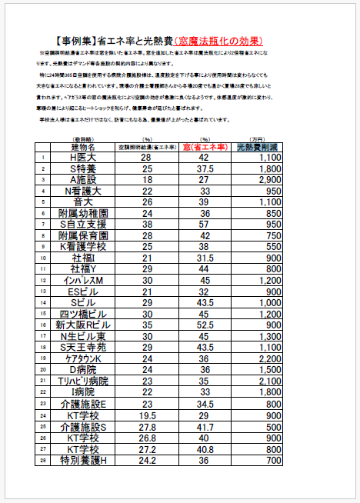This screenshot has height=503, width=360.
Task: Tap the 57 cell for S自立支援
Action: coord(205,225)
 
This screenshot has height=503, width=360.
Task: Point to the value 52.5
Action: coord(205,326)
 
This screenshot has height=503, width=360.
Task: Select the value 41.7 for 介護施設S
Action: coord(205,427)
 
